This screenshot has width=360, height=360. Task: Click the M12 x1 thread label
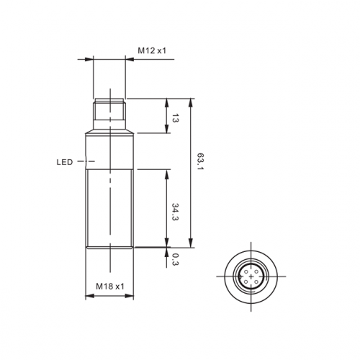point(152,50)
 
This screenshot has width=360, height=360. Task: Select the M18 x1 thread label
point(110,287)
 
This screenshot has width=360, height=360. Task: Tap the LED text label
point(65,162)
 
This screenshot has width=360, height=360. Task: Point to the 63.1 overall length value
point(199,161)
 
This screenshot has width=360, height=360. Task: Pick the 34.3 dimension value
point(176,212)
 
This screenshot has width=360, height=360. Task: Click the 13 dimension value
point(176,118)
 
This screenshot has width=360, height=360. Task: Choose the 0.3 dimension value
point(176,260)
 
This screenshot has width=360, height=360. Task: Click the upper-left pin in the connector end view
point(246,271)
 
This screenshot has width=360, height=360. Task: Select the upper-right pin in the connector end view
point(256,271)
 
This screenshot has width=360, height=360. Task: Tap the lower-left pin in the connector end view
point(246,282)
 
